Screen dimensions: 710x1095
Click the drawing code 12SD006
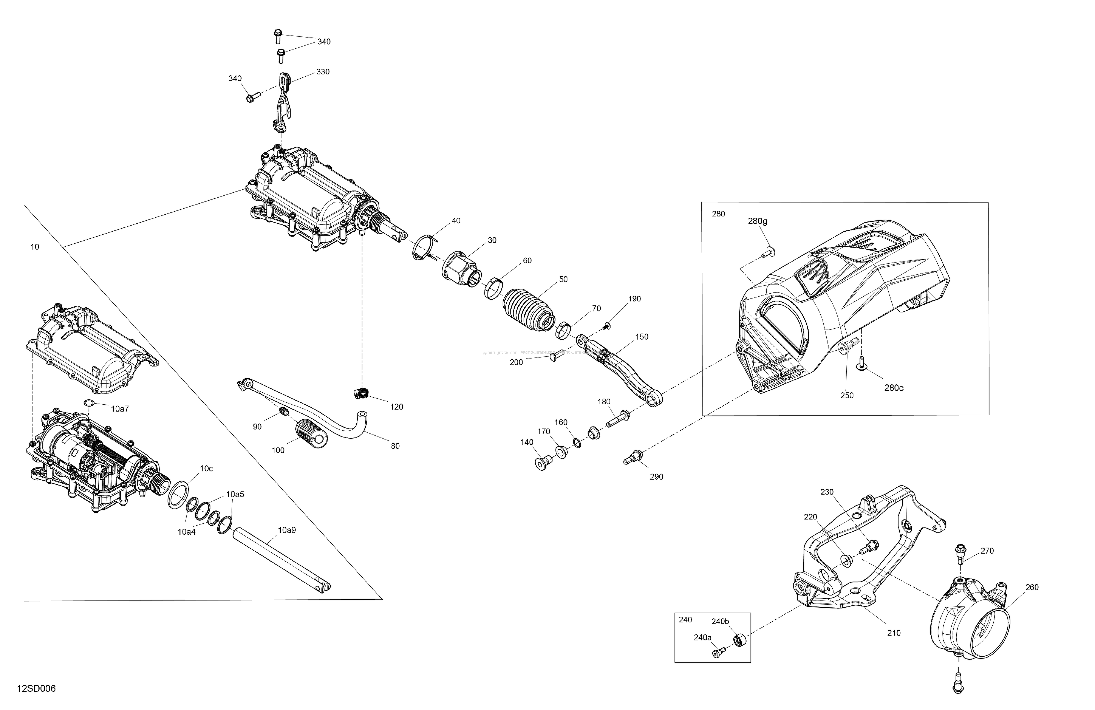click(36, 689)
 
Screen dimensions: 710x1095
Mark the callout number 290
click(656, 477)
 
